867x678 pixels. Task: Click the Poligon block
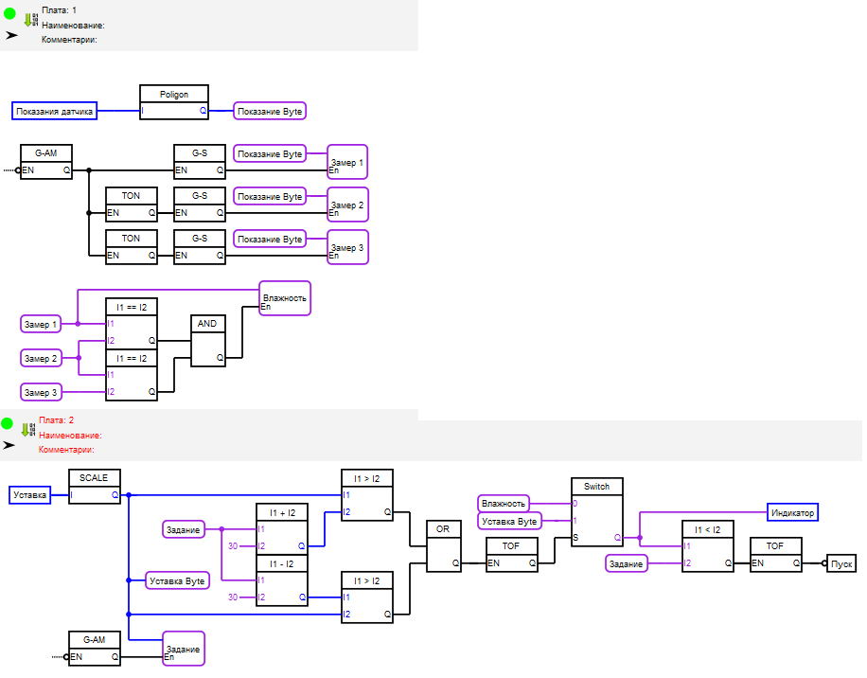point(174,102)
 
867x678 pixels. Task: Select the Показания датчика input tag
point(55,112)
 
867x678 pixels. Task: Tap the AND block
point(207,341)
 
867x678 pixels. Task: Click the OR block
point(443,546)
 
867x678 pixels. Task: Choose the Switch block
point(596,511)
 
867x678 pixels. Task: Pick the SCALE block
point(95,486)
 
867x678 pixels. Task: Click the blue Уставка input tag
point(30,494)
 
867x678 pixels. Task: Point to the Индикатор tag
point(792,512)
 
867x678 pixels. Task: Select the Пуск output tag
point(841,562)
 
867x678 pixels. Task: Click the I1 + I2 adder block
point(282,529)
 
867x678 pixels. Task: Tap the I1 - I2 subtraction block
point(282,580)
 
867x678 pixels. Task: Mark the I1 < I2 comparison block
point(708,546)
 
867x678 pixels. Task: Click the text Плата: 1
point(59,9)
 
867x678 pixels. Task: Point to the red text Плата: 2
point(57,419)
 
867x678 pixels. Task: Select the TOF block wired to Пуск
point(775,555)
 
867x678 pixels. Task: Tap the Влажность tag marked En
point(285,298)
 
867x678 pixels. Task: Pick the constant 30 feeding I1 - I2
point(232,597)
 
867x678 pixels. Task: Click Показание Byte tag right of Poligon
point(270,112)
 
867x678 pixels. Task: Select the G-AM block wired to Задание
point(95,649)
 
